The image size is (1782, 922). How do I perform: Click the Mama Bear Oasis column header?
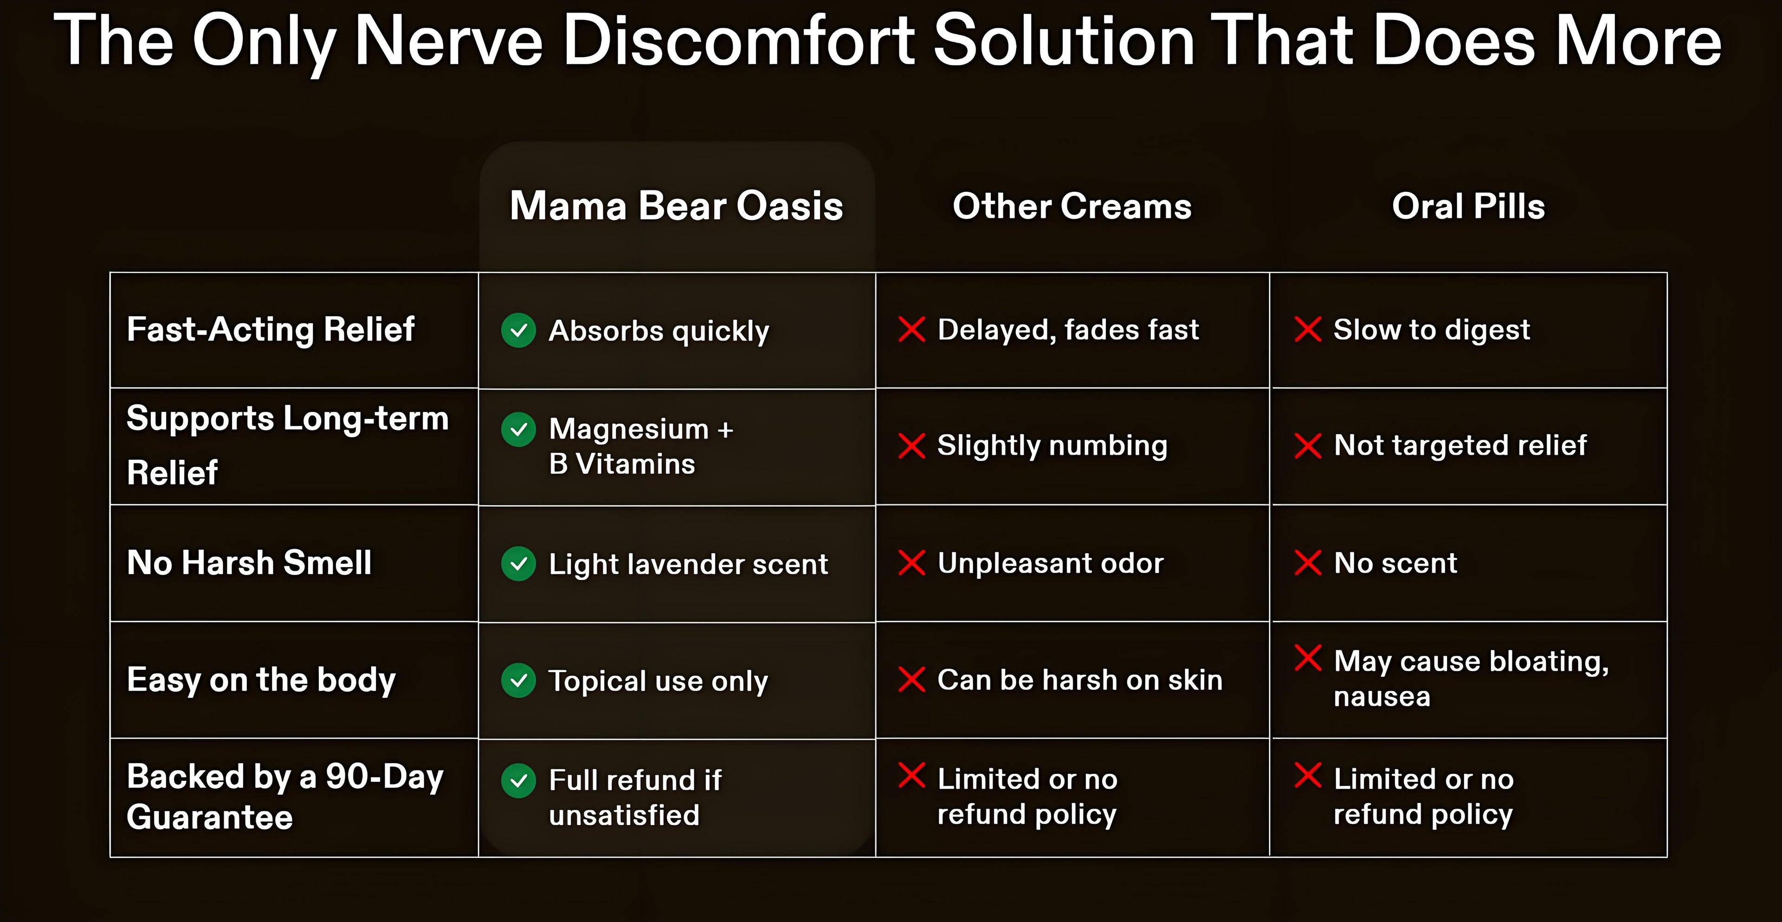click(677, 206)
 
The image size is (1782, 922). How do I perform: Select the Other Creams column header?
click(1072, 206)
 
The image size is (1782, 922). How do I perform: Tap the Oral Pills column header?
click(1468, 206)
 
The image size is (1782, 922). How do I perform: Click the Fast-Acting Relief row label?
click(271, 329)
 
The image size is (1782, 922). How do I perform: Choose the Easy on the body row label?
click(261, 680)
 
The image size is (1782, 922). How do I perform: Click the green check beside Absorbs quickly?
click(519, 330)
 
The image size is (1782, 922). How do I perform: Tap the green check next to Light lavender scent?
click(519, 563)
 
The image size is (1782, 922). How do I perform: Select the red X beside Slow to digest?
click(1307, 329)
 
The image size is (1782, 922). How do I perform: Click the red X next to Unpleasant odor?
click(912, 563)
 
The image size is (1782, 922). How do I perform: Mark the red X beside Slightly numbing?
click(912, 446)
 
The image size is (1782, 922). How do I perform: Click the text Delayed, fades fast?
click(1068, 330)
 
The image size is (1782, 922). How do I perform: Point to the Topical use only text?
click(658, 681)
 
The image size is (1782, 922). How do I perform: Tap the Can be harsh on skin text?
click(1080, 680)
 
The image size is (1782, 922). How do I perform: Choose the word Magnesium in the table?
click(629, 430)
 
